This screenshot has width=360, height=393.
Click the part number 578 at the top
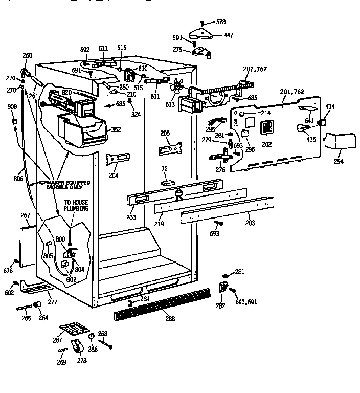click(221, 22)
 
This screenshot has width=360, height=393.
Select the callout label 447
click(228, 35)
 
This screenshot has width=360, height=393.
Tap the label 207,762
click(256, 69)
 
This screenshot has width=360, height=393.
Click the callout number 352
click(117, 129)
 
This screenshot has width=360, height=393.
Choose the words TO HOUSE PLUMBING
click(76, 206)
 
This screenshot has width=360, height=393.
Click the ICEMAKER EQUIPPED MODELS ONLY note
click(65, 185)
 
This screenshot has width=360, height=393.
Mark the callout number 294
click(339, 162)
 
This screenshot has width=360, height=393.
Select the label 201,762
click(292, 92)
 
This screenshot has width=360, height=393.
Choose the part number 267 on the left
click(25, 215)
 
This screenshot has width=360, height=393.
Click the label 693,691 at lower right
click(246, 302)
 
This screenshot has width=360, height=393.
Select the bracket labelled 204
click(114, 160)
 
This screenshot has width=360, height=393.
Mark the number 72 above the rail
click(165, 168)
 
